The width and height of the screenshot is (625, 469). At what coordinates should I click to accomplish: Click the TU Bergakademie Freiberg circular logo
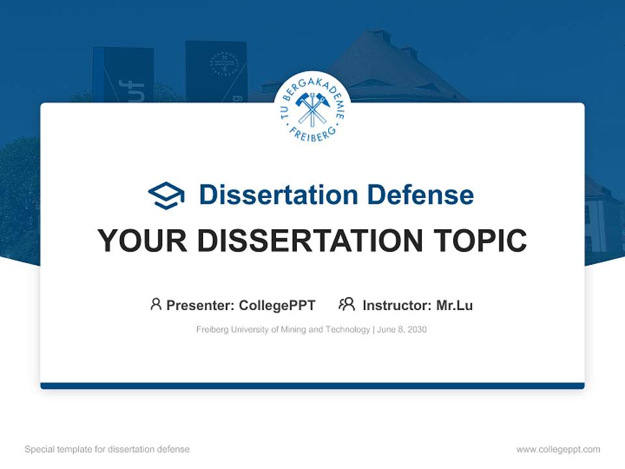(312, 109)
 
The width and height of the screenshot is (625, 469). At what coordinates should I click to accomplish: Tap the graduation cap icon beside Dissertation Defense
(166, 195)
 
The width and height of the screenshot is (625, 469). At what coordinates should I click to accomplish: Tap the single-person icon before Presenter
(156, 304)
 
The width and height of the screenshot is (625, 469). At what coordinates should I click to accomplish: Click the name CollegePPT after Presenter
(277, 306)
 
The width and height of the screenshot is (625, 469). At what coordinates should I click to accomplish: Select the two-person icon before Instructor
(346, 304)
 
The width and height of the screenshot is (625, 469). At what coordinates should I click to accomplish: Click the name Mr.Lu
(454, 306)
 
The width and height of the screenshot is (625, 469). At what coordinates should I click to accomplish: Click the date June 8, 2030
(402, 330)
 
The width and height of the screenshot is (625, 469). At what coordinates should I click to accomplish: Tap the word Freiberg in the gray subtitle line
(212, 330)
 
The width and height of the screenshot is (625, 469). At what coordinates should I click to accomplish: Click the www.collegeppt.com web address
(558, 449)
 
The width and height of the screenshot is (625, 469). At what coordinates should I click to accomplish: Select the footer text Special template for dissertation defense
(107, 449)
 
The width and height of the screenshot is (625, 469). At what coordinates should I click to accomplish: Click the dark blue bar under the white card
(312, 386)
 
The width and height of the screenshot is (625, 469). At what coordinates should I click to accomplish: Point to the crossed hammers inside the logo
(312, 109)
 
